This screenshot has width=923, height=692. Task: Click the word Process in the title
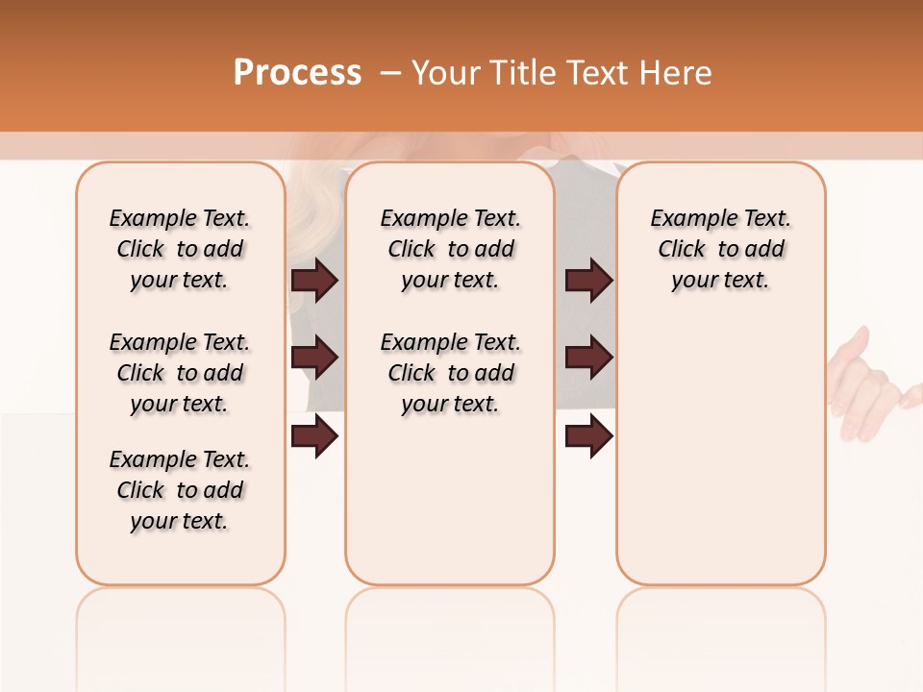[297, 73]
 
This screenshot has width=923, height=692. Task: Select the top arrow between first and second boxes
[314, 280]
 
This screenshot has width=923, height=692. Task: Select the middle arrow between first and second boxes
[314, 358]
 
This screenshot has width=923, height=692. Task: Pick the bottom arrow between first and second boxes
[314, 437]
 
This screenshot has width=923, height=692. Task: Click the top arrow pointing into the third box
[588, 280]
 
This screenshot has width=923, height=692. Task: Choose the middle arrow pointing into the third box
[588, 358]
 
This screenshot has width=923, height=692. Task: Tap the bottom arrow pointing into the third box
[588, 437]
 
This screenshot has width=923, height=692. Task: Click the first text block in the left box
[180, 249]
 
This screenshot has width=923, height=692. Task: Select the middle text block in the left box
[180, 373]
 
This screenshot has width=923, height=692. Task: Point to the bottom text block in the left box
[180, 490]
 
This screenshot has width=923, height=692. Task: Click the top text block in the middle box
[450, 249]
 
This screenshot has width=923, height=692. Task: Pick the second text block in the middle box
[450, 373]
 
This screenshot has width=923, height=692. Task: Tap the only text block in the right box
[720, 249]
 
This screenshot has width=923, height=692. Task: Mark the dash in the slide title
[390, 73]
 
